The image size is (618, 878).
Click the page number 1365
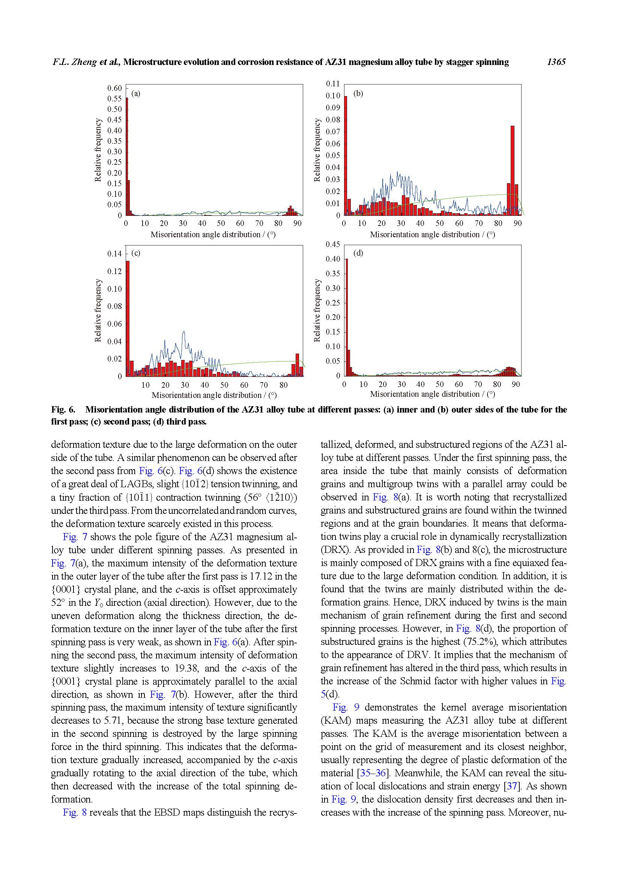[x=556, y=62]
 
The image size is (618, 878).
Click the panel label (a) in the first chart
[x=136, y=93]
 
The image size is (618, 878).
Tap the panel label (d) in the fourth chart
[x=358, y=253]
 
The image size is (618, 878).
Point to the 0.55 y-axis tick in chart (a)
[x=114, y=99]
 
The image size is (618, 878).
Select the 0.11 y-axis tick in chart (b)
[x=332, y=84]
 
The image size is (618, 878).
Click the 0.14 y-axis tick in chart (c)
[x=114, y=254]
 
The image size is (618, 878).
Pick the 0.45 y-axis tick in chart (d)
[x=332, y=244]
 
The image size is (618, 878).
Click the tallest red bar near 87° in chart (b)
[x=513, y=170]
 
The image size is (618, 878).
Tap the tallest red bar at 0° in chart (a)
[x=127, y=157]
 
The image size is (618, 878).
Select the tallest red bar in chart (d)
[x=346, y=318]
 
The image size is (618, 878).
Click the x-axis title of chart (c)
[x=214, y=395]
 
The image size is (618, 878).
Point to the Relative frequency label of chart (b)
[x=317, y=150]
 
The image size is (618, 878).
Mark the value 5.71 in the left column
[x=113, y=720]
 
